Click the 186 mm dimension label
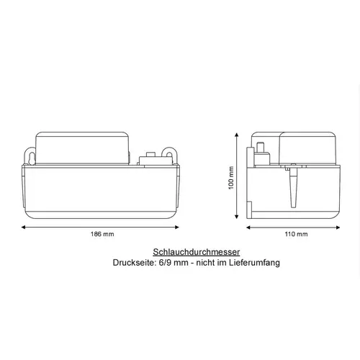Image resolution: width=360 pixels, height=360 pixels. (x=103, y=235)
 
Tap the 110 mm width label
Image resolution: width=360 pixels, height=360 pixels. (x=297, y=235)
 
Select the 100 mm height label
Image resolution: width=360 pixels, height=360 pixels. (x=232, y=176)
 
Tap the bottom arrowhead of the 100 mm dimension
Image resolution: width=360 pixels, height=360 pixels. (x=239, y=218)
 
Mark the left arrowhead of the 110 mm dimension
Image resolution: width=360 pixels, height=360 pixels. (x=249, y=227)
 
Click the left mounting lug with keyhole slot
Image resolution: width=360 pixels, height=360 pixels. (x=31, y=156)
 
